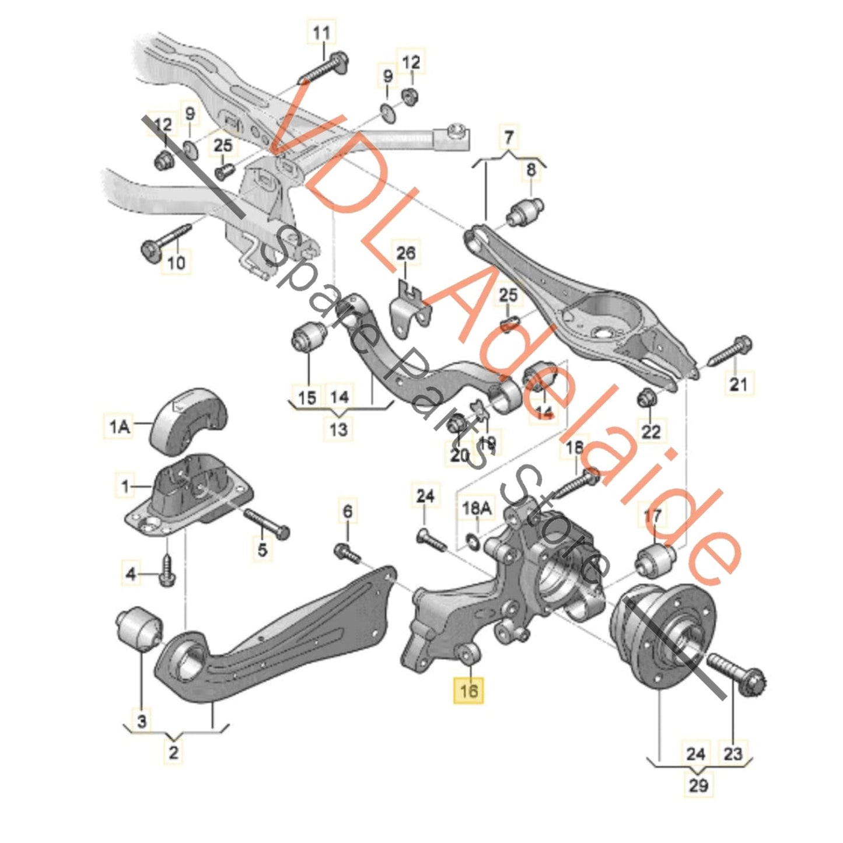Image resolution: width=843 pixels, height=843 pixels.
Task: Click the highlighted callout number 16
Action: click(468, 691)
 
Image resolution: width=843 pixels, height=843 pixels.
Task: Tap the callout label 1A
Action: click(120, 426)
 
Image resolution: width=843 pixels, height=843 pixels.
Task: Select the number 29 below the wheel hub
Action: click(698, 785)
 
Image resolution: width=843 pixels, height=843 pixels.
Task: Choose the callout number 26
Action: click(406, 253)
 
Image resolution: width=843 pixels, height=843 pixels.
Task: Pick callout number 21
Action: click(739, 384)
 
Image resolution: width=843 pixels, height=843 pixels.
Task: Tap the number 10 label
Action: click(176, 262)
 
